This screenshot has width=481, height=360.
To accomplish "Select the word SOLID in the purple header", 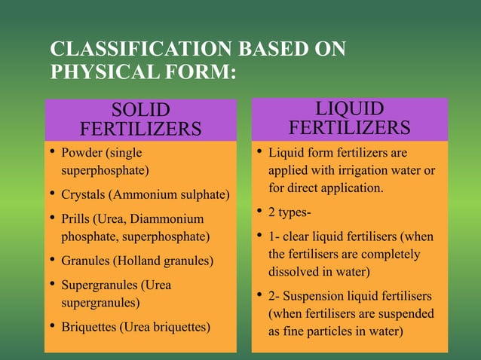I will point(140,110).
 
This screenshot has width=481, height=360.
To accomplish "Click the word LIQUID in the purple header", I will point(349,108).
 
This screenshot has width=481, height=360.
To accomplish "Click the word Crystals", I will point(83,195).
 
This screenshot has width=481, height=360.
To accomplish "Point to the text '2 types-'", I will point(288,212).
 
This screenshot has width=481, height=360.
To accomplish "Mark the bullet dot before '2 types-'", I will point(258,211).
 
